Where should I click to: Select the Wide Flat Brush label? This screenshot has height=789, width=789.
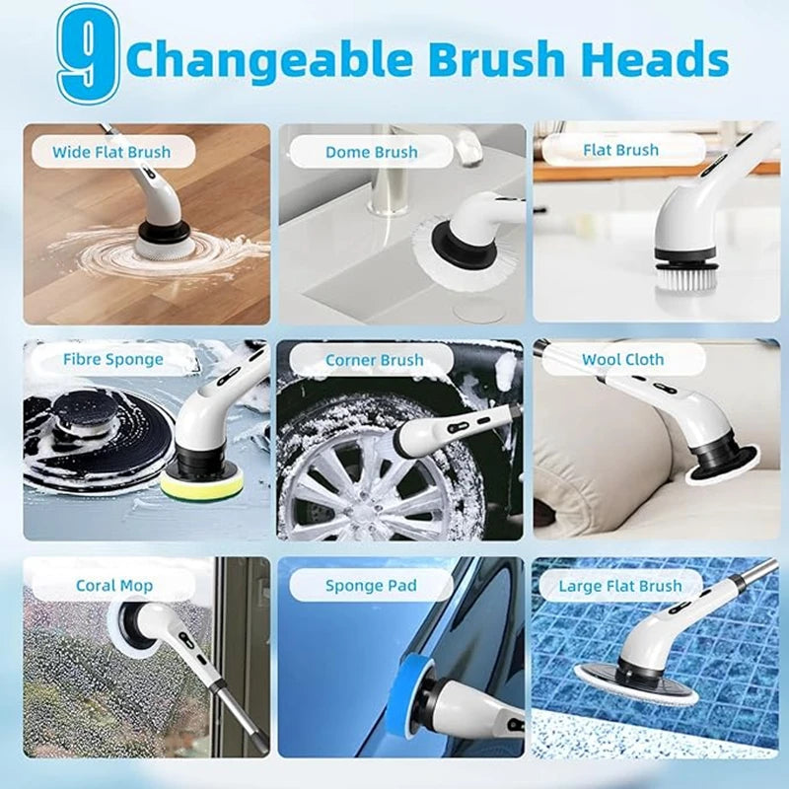point(111,152)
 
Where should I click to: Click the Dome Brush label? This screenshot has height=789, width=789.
point(371,152)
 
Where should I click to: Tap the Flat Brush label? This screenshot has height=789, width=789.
point(620,150)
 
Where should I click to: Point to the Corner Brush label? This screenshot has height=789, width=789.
point(374,360)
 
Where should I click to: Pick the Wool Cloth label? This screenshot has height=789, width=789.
point(622,359)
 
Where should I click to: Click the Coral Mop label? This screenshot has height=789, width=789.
point(113,585)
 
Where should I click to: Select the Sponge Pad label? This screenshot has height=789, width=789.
point(371,585)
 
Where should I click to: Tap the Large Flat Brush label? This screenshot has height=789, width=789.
point(619,585)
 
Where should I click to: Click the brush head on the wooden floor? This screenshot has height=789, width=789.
point(163,240)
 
